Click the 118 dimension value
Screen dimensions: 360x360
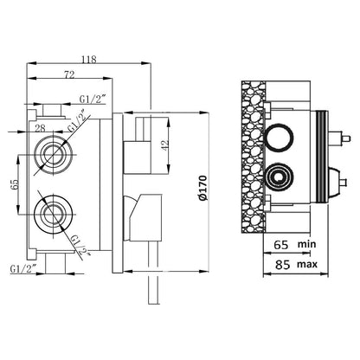tap(88, 60)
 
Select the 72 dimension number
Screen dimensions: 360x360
tap(69, 75)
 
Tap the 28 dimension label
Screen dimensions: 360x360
tap(40, 128)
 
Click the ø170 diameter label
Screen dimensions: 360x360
tap(203, 188)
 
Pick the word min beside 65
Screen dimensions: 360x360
tap(307, 244)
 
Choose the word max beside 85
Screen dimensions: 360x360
tap(307, 264)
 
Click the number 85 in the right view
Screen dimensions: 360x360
tap(282, 265)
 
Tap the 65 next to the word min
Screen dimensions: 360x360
tap(281, 245)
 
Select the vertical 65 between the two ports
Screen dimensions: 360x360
tap(15, 184)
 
